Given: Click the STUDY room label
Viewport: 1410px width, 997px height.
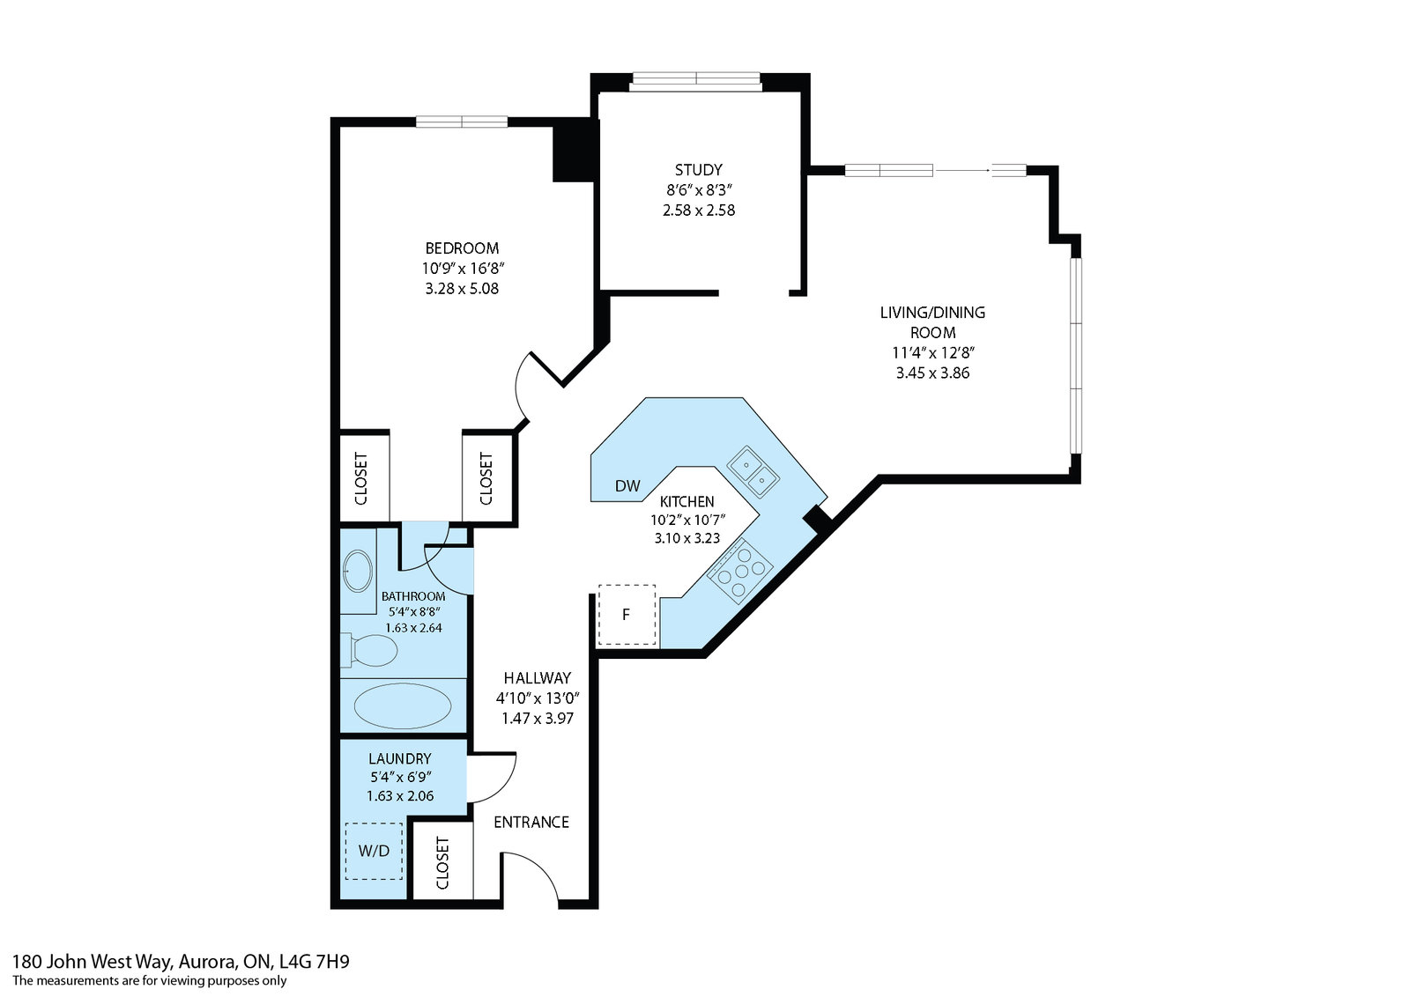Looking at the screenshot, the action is pyautogui.click(x=698, y=170).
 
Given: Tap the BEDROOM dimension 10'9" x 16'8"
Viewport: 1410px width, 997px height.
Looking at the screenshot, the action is pyautogui.click(x=463, y=269).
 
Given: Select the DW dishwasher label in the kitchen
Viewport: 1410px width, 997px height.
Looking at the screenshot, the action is pyautogui.click(x=627, y=485).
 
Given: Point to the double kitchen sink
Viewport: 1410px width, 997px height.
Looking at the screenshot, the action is pyautogui.click(x=753, y=472).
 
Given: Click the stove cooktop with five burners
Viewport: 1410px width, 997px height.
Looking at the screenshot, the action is pyautogui.click(x=739, y=571).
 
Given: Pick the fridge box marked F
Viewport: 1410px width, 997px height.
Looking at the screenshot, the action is pyautogui.click(x=627, y=615).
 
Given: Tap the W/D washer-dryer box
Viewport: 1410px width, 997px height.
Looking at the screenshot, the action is pyautogui.click(x=374, y=851).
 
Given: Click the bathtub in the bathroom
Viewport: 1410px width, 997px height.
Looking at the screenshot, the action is pyautogui.click(x=402, y=705).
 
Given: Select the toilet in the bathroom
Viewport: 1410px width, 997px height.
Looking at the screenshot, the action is pyautogui.click(x=369, y=650).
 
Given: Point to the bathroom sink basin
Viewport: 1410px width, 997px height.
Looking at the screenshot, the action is pyautogui.click(x=357, y=571).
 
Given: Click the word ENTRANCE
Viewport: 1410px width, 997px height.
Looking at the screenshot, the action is pyautogui.click(x=531, y=822).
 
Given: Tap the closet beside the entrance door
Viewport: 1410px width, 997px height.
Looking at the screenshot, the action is pyautogui.click(x=442, y=862).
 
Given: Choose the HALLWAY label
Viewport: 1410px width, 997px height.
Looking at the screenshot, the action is pyautogui.click(x=537, y=677).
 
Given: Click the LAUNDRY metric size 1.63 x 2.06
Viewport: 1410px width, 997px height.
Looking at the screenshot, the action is pyautogui.click(x=400, y=795).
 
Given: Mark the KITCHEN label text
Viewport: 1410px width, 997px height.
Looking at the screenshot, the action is pyautogui.click(x=686, y=501).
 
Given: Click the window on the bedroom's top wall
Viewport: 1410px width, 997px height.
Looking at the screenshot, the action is pyautogui.click(x=462, y=122).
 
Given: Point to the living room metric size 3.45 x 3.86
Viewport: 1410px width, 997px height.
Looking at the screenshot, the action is pyautogui.click(x=932, y=373).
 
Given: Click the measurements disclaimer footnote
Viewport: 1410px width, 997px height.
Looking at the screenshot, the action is pyautogui.click(x=149, y=980).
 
